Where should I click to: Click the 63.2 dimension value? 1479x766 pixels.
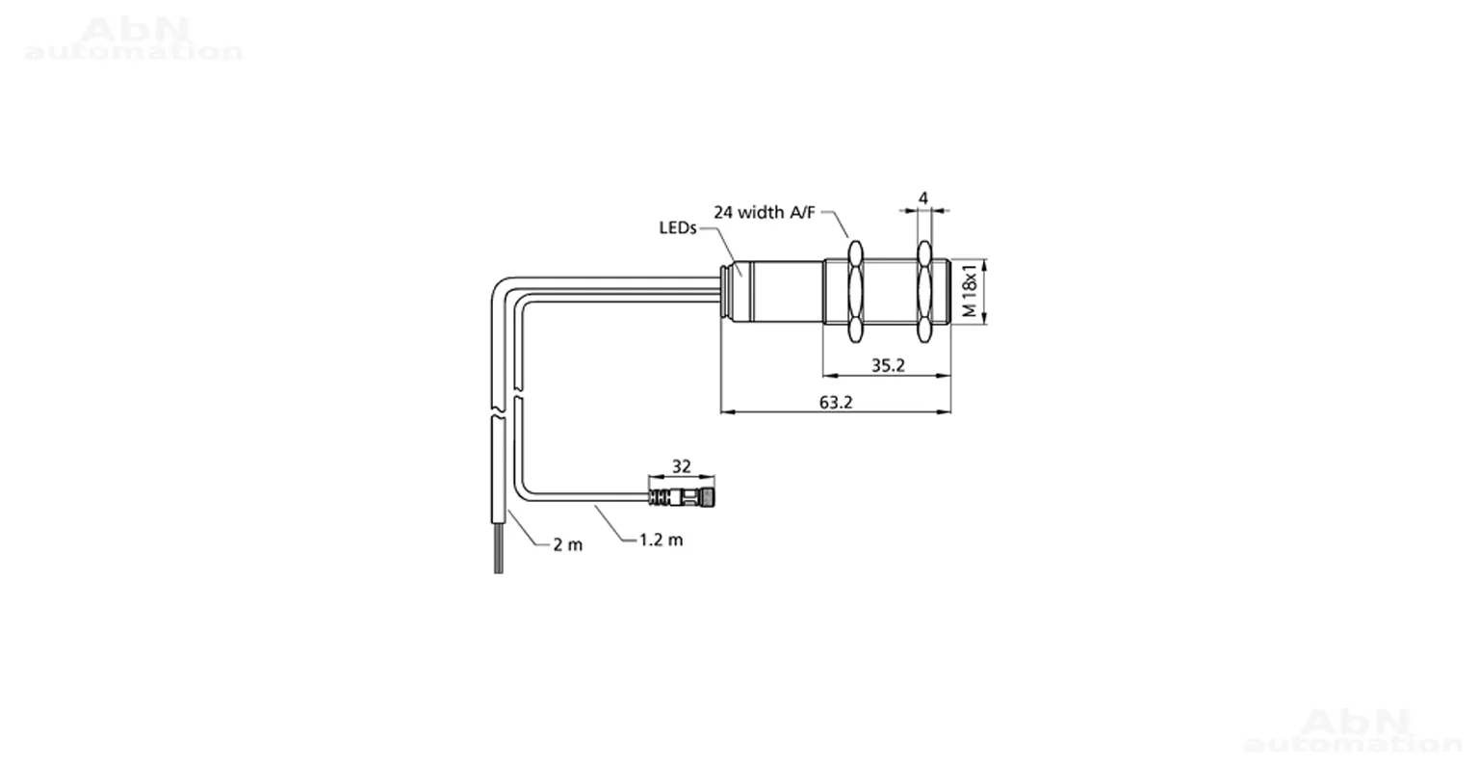836,402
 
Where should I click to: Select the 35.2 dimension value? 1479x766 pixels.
888,365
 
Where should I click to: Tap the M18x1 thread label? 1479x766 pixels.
970,291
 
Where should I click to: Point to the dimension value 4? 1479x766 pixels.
923,198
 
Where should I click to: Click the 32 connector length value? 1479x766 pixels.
682,466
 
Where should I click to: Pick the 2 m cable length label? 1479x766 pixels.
568,544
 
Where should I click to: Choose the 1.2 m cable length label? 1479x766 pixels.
661,540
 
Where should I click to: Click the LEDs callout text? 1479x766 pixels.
678,228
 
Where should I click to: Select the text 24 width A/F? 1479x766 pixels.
765,212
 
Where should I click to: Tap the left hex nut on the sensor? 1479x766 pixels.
855,291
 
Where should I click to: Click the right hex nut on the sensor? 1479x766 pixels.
924,291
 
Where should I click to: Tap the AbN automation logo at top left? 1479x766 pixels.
134,39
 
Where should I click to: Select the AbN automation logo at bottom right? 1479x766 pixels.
1353,729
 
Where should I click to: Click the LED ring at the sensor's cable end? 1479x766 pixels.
728,291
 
